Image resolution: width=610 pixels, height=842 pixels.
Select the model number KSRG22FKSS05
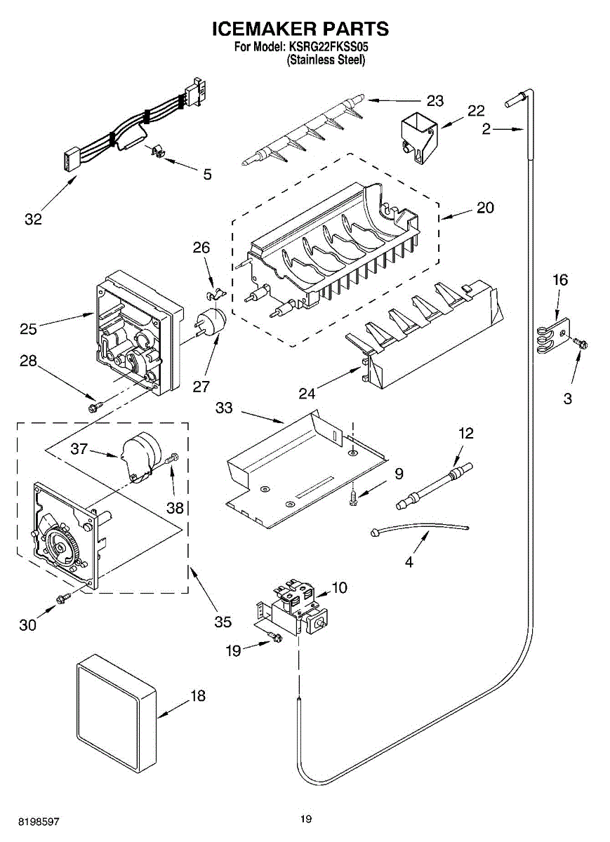tap(328, 48)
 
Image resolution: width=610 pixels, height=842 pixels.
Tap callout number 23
tap(435, 101)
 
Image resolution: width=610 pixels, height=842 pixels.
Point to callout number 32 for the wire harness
tap(33, 220)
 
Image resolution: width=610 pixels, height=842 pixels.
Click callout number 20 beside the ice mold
tap(484, 208)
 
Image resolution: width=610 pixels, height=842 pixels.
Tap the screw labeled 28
tap(94, 406)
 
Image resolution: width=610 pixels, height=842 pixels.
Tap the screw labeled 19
tap(274, 638)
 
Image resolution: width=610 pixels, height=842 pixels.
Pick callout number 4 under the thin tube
tap(409, 561)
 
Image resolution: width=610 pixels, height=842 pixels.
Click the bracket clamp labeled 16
tap(552, 335)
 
